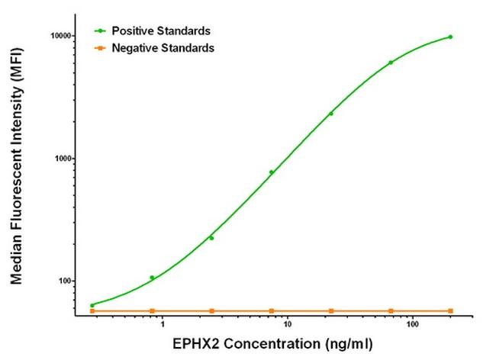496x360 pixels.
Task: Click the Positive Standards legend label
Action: (161, 31)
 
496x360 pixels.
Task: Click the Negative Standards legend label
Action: (163, 48)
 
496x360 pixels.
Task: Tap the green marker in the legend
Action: (99, 31)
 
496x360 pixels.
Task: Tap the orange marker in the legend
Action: (99, 48)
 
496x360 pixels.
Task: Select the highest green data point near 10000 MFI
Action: (450, 37)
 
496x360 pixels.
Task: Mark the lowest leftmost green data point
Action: (92, 305)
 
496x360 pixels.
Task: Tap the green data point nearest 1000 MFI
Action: (271, 172)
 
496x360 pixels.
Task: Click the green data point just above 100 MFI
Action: (152, 278)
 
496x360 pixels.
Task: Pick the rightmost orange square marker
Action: (450, 310)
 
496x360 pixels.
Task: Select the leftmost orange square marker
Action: (92, 310)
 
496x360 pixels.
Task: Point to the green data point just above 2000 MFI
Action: (330, 114)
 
